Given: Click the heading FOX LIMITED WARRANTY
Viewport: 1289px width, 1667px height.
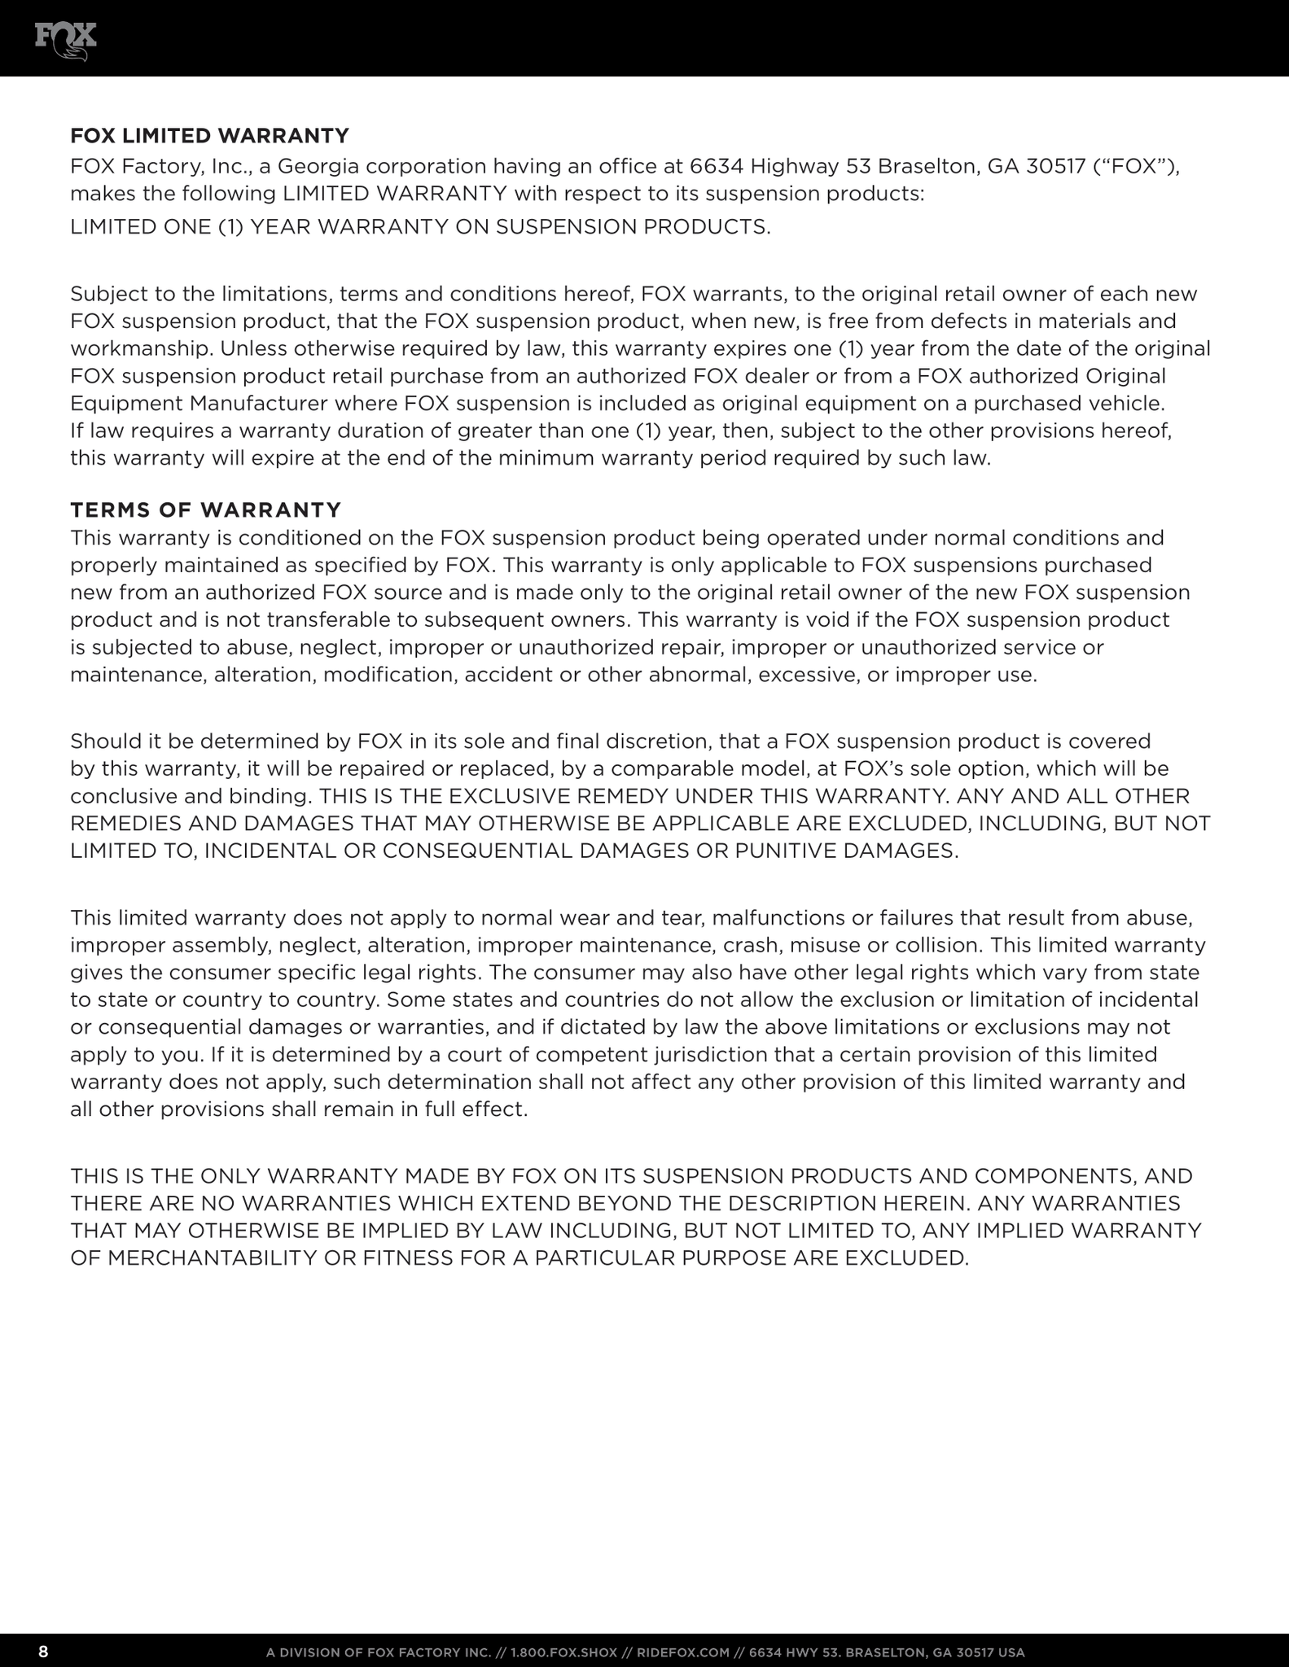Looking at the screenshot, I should click(x=209, y=135).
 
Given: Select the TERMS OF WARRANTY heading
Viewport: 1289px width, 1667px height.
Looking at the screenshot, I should click(x=205, y=510).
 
